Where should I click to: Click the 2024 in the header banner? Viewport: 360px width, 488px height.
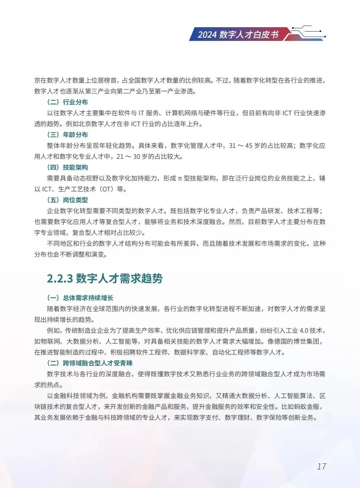207,34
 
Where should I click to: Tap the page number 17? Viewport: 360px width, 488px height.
322,466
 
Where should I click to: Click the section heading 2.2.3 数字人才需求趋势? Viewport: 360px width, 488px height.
105,278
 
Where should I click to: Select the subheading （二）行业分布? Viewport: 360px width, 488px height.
67,102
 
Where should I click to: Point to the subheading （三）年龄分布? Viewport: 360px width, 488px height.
67,135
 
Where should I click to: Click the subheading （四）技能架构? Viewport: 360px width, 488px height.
67,167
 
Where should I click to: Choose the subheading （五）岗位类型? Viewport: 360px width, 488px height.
67,200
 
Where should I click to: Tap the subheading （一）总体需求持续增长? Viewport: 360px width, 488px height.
80,298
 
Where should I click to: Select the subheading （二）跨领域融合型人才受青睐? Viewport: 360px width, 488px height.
90,363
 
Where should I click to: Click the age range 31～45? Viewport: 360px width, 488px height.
240,145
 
